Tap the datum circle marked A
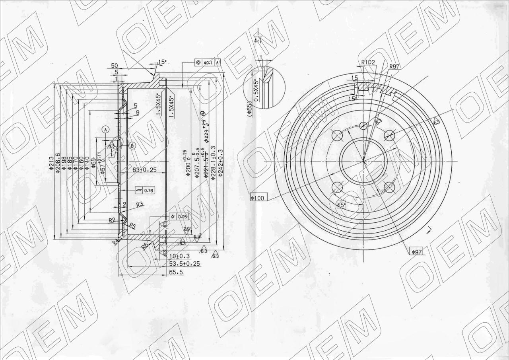point(106,129)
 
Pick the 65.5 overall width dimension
point(175,272)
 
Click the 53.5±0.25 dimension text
point(184,264)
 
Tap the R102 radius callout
point(369,62)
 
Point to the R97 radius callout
point(394,66)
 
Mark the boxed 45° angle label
point(341,205)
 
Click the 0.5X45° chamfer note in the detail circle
point(256,89)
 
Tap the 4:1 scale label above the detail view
point(258,40)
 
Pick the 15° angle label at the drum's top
point(162,62)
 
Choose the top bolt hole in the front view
point(363,126)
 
